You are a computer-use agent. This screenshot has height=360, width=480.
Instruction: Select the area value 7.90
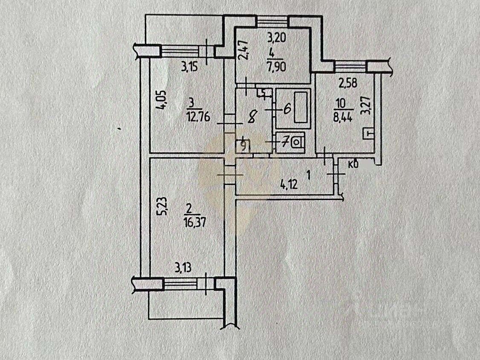coord(276,66)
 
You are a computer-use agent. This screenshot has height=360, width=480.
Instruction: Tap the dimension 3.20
coord(276,38)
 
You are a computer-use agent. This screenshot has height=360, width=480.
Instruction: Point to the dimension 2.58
coord(348,83)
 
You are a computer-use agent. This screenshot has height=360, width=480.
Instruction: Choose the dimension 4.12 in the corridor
coord(289,185)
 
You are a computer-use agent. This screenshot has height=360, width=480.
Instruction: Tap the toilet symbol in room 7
coord(296,143)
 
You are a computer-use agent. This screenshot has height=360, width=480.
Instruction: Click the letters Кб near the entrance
coord(353,165)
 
